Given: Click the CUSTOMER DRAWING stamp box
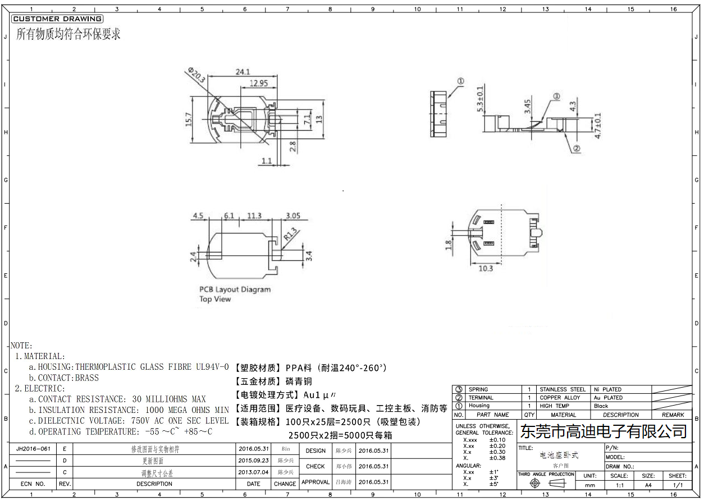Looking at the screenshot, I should (57, 19).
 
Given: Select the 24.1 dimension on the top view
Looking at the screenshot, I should (243, 72).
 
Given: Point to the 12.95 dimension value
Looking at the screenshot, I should (258, 83).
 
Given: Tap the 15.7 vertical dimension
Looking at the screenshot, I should (189, 119).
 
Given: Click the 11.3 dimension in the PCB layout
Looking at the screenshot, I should (254, 216).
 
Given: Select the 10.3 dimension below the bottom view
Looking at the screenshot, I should (486, 268).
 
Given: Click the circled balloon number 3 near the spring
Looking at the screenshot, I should (556, 96).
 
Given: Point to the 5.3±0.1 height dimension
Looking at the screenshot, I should (480, 100).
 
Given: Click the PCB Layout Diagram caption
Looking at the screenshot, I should (235, 289).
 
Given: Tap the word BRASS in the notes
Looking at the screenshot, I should (86, 378).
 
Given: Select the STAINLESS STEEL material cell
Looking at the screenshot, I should (562, 389).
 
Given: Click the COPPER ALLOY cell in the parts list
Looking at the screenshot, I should (560, 398).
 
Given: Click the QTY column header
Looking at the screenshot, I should (529, 415).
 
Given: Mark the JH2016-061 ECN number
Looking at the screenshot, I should (34, 449).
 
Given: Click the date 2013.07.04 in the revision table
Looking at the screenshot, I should (254, 472).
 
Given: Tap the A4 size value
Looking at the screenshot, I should (648, 485).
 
